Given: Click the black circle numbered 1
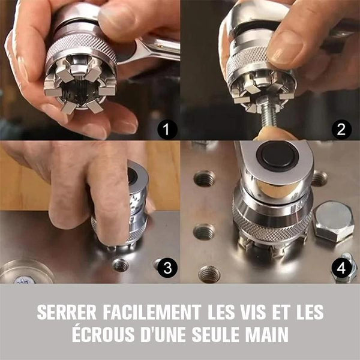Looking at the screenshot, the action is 167,130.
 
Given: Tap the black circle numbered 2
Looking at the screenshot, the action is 341,130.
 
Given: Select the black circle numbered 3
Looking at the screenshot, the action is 167,268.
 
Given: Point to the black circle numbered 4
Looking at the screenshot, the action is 341,268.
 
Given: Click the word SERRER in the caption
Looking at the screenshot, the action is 67,312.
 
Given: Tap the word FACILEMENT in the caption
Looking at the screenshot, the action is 152,312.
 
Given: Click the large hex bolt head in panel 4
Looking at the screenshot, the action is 332,221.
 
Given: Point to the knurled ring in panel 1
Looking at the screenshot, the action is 80,47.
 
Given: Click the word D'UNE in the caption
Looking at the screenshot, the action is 163,334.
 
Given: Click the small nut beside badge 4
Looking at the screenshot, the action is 344,269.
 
